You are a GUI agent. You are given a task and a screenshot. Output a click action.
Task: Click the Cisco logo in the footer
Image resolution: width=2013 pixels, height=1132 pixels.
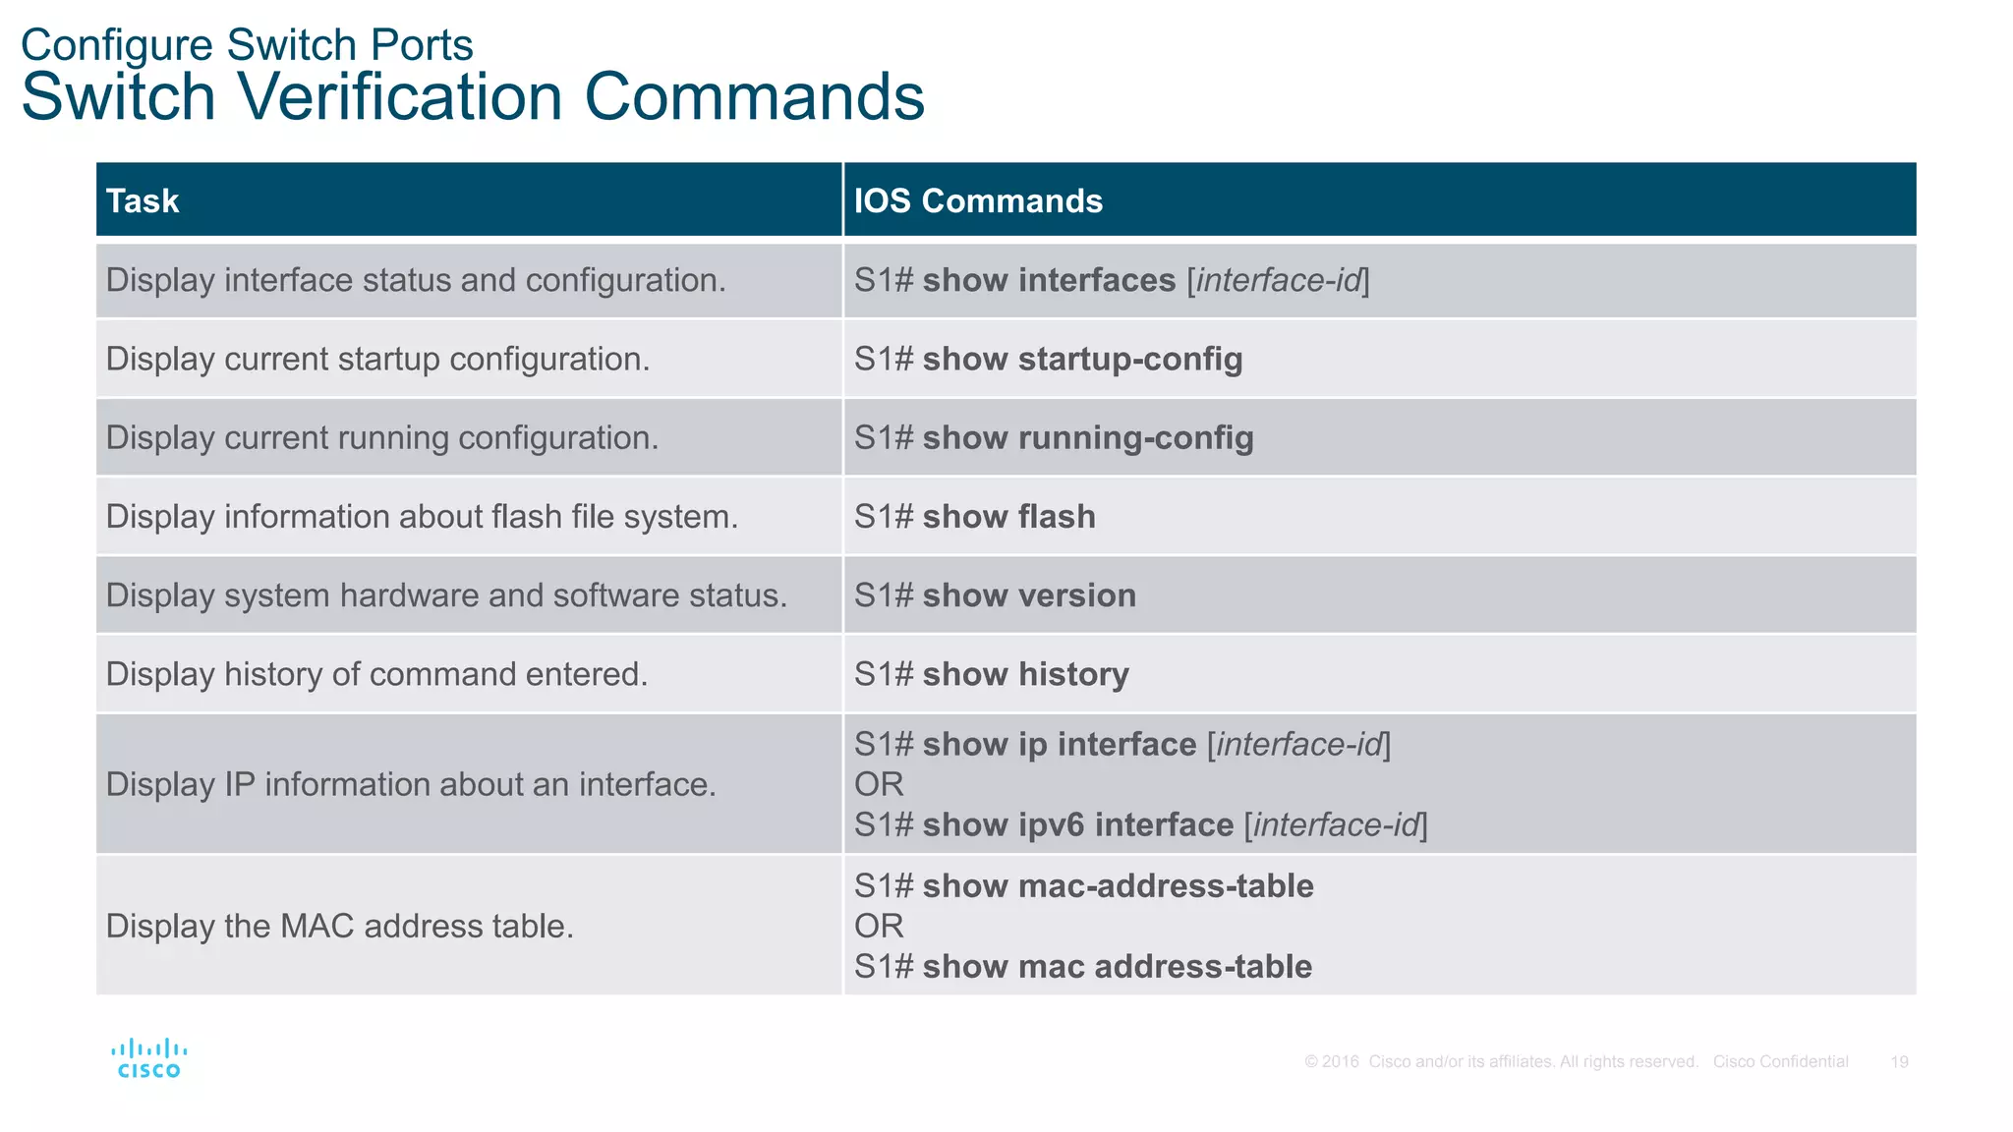coord(148,1059)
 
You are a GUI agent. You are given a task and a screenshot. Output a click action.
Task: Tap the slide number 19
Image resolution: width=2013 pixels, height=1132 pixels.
coord(1899,1062)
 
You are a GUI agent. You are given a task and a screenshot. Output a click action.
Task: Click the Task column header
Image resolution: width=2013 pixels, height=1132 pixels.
coord(143,201)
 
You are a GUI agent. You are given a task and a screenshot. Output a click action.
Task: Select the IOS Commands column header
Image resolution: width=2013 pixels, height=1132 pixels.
coord(978,201)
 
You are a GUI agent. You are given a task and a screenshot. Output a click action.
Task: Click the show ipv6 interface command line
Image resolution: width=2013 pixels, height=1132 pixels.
coord(1140,825)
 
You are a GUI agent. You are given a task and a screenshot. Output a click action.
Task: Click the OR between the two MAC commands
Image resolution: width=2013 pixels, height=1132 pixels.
coord(879,927)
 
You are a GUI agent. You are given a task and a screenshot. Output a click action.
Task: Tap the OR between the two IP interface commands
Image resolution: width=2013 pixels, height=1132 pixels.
coord(879,785)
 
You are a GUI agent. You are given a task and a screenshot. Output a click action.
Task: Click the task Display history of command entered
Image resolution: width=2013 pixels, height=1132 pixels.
coord(376,674)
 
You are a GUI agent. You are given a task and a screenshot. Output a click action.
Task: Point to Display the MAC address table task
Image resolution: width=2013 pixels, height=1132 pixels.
coord(339,927)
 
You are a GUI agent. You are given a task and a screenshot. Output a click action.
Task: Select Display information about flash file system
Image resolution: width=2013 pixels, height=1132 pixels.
coord(422,517)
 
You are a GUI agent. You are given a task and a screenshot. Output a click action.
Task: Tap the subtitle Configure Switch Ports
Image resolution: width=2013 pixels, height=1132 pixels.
coord(247,45)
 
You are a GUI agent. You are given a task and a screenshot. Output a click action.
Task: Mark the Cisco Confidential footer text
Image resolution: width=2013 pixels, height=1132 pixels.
coord(1780,1062)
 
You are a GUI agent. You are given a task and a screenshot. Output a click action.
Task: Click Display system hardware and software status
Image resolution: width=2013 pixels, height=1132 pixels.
coord(446,595)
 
